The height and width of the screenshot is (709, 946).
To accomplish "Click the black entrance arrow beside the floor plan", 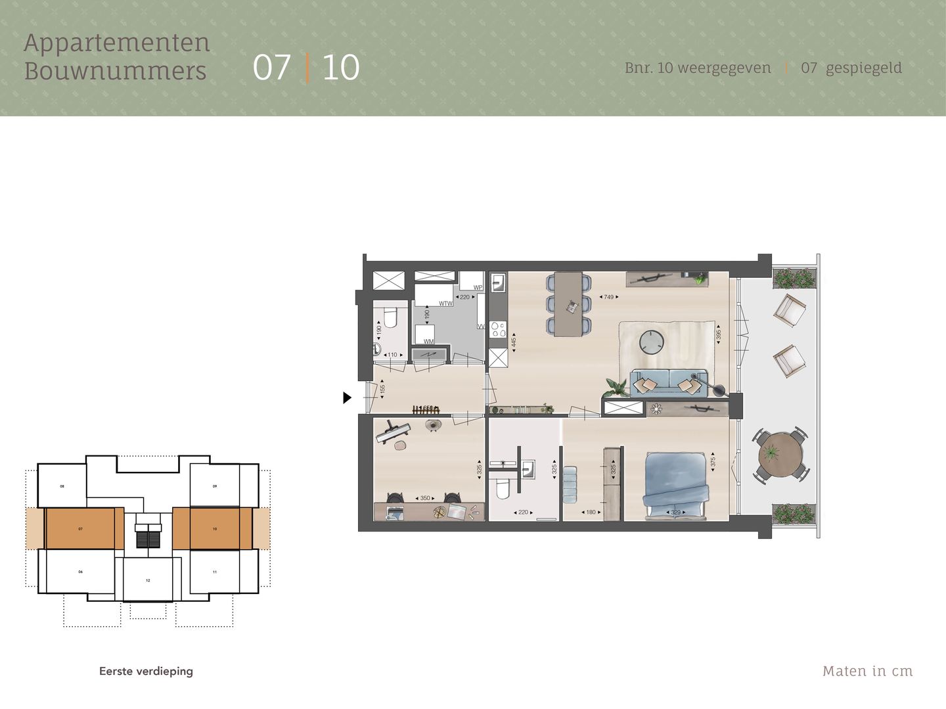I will (x=347, y=398).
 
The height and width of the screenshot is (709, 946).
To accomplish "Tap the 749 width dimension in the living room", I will (x=609, y=297).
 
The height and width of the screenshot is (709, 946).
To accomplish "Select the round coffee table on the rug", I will (x=652, y=342).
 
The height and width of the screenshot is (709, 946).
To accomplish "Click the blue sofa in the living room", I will (x=669, y=383).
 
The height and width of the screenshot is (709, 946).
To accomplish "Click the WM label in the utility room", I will (x=428, y=342).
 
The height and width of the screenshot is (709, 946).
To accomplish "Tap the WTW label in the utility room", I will (x=445, y=304).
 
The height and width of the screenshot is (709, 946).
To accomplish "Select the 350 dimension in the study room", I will (x=425, y=498).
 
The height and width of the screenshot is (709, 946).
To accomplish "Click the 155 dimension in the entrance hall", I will (x=382, y=389).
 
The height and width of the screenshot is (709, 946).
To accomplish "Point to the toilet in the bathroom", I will (x=503, y=489).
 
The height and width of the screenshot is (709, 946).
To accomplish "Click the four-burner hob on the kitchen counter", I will (x=498, y=329).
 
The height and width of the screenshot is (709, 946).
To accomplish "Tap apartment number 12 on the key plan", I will (x=148, y=580).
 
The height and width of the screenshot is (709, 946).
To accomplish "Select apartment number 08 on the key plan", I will (x=62, y=486).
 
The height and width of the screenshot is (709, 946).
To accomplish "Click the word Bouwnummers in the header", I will (x=115, y=71).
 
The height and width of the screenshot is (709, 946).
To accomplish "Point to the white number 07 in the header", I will (x=271, y=67).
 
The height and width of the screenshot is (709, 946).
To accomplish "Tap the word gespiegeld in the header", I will (x=863, y=68).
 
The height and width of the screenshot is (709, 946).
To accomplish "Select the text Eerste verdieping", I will (x=146, y=671).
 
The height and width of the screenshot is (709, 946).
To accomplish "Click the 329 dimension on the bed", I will (x=675, y=513).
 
